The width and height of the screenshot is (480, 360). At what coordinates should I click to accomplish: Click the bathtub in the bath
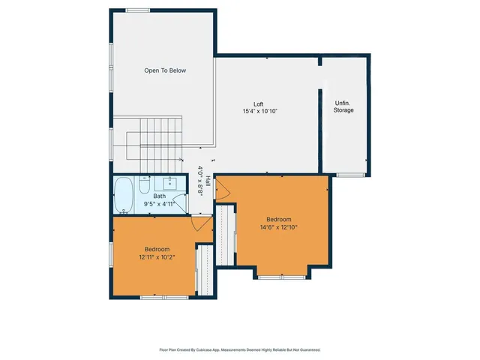click(124, 195)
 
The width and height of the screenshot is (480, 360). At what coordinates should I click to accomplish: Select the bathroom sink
click(170, 182)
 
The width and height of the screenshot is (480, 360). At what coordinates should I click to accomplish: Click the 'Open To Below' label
click(165, 70)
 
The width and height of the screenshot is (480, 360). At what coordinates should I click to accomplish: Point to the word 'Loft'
click(258, 104)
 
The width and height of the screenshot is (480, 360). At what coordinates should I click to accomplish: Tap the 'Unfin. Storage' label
click(343, 106)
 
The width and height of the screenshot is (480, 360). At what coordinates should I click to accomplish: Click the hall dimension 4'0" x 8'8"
click(200, 181)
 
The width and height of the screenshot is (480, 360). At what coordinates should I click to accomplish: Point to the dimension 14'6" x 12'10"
click(279, 227)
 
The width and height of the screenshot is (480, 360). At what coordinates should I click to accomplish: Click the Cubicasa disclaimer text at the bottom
click(240, 349)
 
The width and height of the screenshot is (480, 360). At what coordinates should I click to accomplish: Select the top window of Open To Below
click(137, 10)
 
